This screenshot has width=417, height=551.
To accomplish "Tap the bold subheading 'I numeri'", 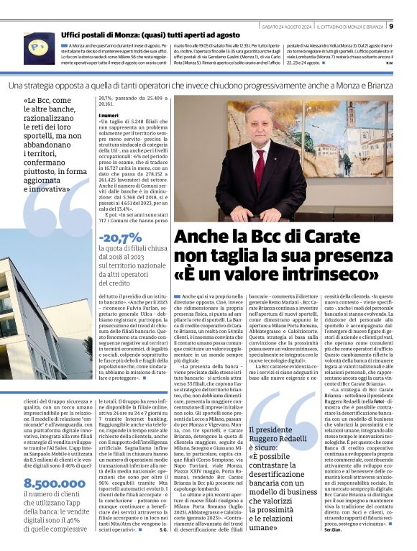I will tap(109, 115).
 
